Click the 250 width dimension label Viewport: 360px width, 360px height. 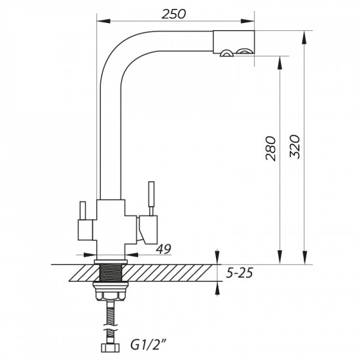(x=173, y=14)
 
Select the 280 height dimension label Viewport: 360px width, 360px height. (x=270, y=149)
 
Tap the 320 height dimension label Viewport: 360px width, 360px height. (x=295, y=147)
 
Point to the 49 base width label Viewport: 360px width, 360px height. (x=164, y=249)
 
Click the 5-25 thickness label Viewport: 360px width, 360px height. (x=239, y=273)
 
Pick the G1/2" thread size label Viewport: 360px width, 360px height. (x=149, y=345)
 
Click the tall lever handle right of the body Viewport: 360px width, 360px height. (x=151, y=198)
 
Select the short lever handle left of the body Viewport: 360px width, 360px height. (x=82, y=210)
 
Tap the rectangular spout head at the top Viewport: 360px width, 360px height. (x=234, y=42)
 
